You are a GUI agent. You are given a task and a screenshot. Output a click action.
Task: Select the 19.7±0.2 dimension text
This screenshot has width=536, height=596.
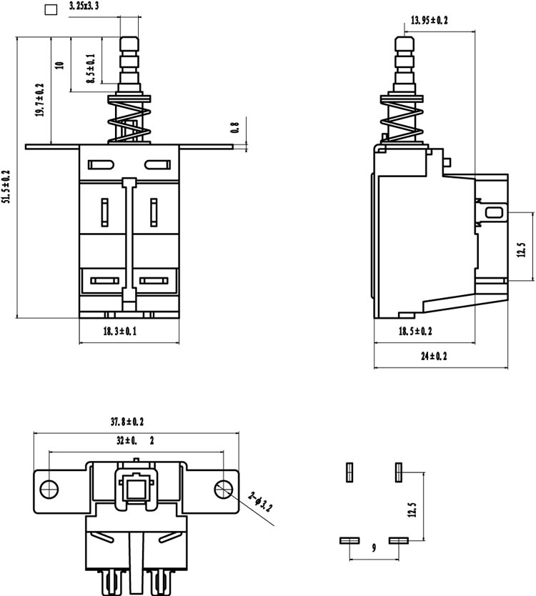click(40, 100)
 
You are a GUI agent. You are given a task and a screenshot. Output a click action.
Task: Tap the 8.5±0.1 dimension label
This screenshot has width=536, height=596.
click(91, 69)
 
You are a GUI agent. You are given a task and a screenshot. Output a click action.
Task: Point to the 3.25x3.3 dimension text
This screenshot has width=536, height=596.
click(84, 6)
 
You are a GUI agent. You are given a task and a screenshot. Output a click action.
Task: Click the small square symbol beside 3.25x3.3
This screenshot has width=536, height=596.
click(51, 9)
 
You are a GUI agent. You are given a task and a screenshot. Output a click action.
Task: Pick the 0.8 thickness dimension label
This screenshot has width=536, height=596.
click(235, 127)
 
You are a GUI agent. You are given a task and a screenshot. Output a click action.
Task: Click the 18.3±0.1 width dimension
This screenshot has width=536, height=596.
click(120, 331)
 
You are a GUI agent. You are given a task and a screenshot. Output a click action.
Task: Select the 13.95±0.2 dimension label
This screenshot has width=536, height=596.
click(430, 20)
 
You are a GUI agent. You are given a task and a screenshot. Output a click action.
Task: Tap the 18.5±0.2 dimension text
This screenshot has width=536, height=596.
click(415, 331)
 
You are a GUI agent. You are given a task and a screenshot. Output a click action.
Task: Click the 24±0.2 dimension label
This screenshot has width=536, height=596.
click(434, 356)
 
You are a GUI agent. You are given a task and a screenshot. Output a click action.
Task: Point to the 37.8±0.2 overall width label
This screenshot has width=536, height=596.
click(127, 422)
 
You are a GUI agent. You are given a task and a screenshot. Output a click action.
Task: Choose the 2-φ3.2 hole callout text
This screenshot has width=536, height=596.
click(260, 502)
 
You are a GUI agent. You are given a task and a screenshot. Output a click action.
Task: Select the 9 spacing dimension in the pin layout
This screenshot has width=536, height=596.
click(374, 547)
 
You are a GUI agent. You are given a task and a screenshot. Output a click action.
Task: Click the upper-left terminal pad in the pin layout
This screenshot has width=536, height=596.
click(349, 472)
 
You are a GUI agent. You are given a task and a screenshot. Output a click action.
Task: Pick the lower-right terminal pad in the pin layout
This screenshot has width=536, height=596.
click(399, 540)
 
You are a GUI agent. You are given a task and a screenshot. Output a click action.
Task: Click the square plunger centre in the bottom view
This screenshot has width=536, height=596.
click(136, 488)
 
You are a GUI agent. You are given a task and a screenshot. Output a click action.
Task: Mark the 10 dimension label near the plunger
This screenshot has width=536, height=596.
click(60, 64)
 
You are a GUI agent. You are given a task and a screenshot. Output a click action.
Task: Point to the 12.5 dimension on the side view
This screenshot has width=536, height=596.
click(522, 249)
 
